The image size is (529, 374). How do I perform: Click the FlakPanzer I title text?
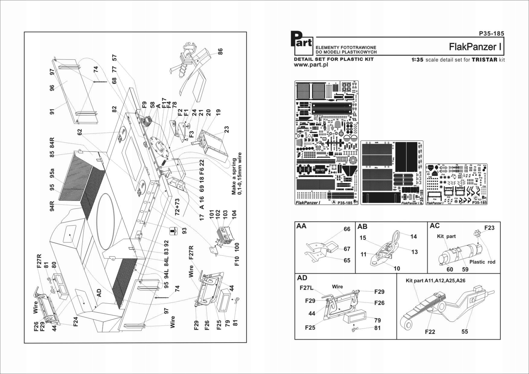[476, 47]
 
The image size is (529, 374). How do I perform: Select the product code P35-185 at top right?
[491, 33]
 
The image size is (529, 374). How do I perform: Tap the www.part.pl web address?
[311, 65]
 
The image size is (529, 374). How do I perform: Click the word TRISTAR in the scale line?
[484, 60]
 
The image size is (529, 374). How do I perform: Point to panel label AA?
[301, 226]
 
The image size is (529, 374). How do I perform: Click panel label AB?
[362, 227]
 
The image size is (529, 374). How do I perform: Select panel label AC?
[435, 226]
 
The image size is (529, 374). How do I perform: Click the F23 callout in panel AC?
[489, 228]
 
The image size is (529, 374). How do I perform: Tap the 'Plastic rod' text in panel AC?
[482, 262]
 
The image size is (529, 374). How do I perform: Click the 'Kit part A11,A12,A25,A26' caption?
[435, 280]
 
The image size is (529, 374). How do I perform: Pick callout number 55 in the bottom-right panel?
[465, 331]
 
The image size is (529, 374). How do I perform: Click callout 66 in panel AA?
[347, 229]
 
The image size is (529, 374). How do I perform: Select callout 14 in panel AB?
[413, 237]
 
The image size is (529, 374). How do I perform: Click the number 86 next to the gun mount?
[220, 52]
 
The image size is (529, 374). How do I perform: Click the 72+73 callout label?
[177, 207]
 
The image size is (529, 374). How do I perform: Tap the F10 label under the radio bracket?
[237, 261]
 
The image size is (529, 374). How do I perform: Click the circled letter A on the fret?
[334, 203]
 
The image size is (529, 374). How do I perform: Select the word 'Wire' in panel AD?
[337, 287]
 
